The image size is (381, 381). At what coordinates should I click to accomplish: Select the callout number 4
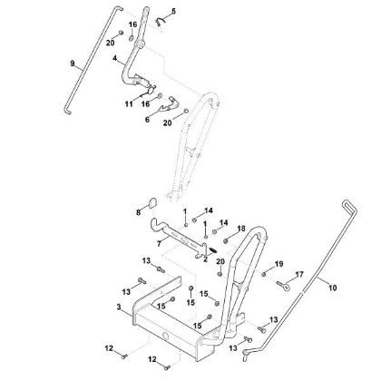[115, 58]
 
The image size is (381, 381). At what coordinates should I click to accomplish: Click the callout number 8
[138, 212]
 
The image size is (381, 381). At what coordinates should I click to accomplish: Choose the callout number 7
[159, 244]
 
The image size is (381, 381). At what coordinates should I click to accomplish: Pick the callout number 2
[205, 259]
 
